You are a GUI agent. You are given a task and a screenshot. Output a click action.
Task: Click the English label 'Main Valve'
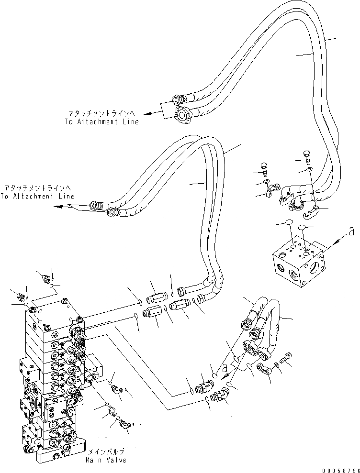pyautogui.click(x=106, y=461)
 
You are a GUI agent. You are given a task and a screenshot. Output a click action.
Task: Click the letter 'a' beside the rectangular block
pyautogui.click(x=351, y=231)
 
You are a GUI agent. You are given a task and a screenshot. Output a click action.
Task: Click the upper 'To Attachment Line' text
pyautogui.click(x=102, y=121)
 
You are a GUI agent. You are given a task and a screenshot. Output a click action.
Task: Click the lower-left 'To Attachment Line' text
pyautogui.click(x=37, y=197)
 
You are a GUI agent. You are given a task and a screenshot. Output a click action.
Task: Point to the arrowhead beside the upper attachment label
pyautogui.click(x=147, y=114)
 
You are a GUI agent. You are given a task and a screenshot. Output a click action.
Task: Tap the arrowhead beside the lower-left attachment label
pyautogui.click(x=58, y=207)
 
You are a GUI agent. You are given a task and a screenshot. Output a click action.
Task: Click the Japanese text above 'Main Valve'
pyautogui.click(x=106, y=452)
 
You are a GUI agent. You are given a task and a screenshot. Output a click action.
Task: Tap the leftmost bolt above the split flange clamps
pyautogui.click(x=264, y=169)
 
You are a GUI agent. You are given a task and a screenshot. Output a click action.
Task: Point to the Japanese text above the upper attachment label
pyautogui.click(x=102, y=113)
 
